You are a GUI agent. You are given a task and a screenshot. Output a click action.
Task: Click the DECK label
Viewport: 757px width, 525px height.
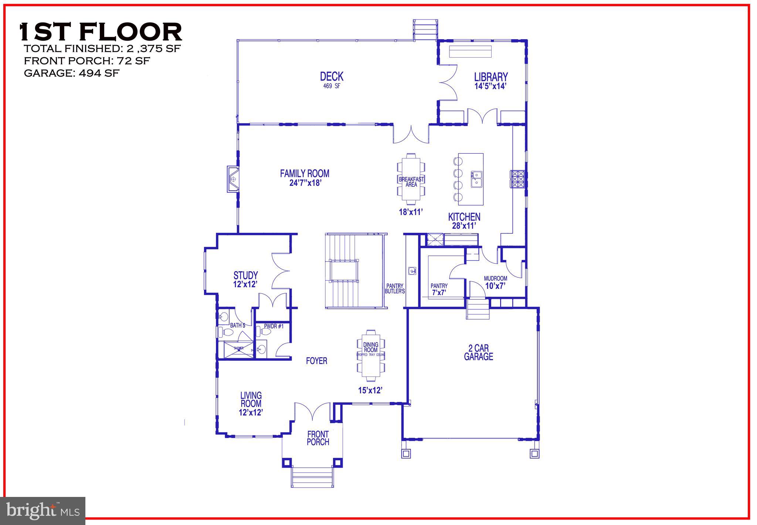(x=332, y=77)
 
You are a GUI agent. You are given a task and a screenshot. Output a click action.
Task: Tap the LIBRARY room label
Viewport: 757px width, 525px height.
(x=491, y=77)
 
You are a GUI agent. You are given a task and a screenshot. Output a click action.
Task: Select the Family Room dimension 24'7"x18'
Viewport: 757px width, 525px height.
(x=304, y=183)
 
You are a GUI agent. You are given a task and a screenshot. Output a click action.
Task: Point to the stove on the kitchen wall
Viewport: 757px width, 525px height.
(x=518, y=179)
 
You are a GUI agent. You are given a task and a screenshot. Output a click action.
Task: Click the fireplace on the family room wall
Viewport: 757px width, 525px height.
(x=233, y=179)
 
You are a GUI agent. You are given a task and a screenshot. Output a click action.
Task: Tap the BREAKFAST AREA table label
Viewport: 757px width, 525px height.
(x=411, y=181)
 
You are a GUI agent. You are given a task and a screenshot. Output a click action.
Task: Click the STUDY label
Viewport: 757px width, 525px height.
(x=245, y=276)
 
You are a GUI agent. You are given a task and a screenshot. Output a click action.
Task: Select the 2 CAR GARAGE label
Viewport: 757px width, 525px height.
(x=479, y=352)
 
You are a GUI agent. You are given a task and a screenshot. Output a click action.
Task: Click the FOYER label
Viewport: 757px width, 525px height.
(x=316, y=361)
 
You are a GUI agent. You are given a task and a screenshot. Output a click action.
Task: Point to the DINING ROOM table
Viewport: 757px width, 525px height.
(x=371, y=355)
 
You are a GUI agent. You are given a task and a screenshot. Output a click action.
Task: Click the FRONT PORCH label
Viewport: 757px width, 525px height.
(x=318, y=438)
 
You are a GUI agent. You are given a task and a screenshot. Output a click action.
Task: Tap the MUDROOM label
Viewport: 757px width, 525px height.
(x=495, y=279)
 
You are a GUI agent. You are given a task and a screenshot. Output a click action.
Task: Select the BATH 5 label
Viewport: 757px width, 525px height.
(x=237, y=325)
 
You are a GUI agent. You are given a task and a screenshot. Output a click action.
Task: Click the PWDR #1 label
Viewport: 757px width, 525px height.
(x=274, y=327)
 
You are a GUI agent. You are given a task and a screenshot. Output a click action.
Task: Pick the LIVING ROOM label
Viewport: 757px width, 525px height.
(x=251, y=400)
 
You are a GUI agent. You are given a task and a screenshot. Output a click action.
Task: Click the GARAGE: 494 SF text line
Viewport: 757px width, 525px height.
(x=72, y=73)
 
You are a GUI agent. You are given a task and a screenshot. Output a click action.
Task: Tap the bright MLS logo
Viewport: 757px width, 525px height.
(x=43, y=511)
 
